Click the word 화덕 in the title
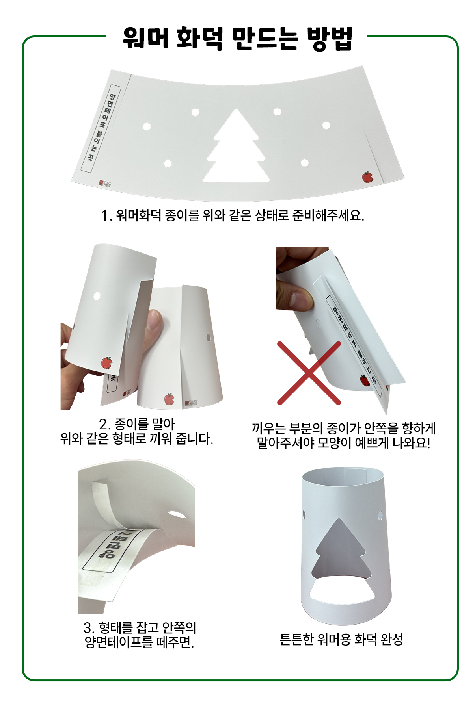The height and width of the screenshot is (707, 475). point(199,38)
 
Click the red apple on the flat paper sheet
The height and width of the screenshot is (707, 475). point(367,177)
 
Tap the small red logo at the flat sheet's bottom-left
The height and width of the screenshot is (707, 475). point(104,183)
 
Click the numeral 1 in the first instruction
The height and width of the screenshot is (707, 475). point(104,215)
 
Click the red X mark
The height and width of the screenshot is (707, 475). point(309,373)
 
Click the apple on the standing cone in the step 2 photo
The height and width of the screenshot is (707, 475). point(170,399)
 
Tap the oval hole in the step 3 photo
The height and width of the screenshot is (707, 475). point(177,514)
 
